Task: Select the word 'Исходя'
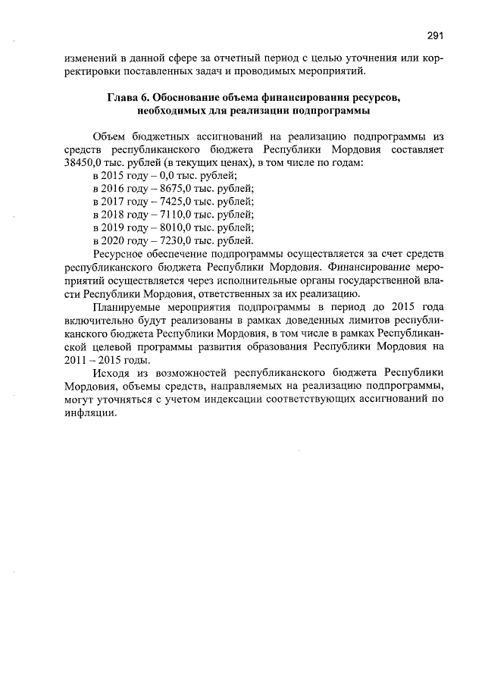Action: (x=110, y=374)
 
